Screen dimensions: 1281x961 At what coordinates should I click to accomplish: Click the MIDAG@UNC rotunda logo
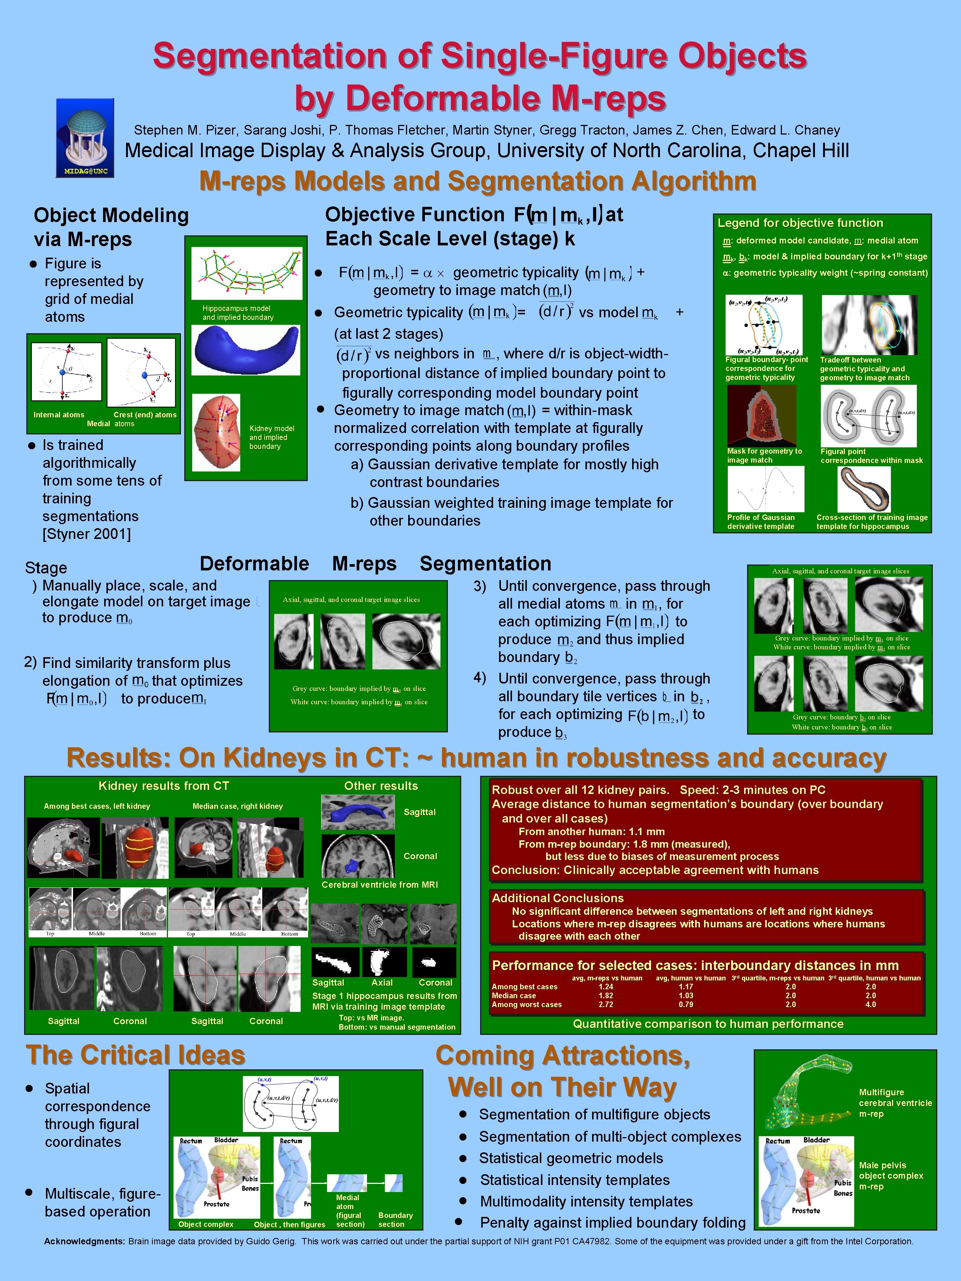point(85,138)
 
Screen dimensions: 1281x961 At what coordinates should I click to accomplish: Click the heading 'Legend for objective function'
point(800,223)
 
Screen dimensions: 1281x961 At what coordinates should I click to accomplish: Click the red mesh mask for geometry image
point(762,415)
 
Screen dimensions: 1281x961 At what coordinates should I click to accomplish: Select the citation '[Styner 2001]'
point(86,534)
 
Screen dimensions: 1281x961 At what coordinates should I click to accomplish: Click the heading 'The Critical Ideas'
point(136,1055)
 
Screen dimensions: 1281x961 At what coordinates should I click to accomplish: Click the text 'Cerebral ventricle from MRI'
point(379,884)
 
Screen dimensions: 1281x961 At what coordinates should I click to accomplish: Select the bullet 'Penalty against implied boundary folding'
point(612,1222)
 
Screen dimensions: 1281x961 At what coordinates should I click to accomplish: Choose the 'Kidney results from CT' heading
point(164,786)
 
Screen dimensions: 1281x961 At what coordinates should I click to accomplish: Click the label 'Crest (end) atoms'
point(145,415)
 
